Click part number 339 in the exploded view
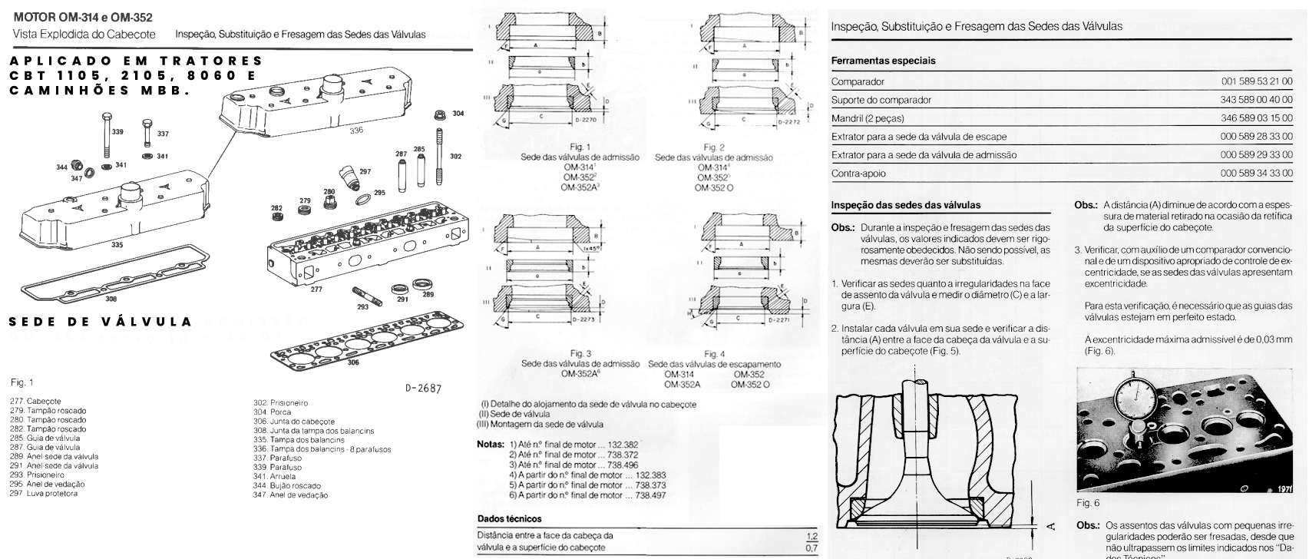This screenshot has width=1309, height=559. coord(117,133)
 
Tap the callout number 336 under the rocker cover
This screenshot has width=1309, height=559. coord(356,131)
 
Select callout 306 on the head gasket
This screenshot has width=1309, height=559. coord(352,362)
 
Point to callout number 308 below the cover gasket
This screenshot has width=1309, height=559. coord(111,299)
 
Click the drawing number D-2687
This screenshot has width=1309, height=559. coord(423,389)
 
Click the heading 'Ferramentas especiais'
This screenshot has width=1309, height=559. coord(883,61)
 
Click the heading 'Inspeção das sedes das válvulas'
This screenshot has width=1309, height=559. coord(906,206)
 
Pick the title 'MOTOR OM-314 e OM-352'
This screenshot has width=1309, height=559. coord(79,17)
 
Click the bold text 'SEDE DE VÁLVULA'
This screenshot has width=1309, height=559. coord(100,322)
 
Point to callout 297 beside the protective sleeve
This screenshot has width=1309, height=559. coord(365,171)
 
